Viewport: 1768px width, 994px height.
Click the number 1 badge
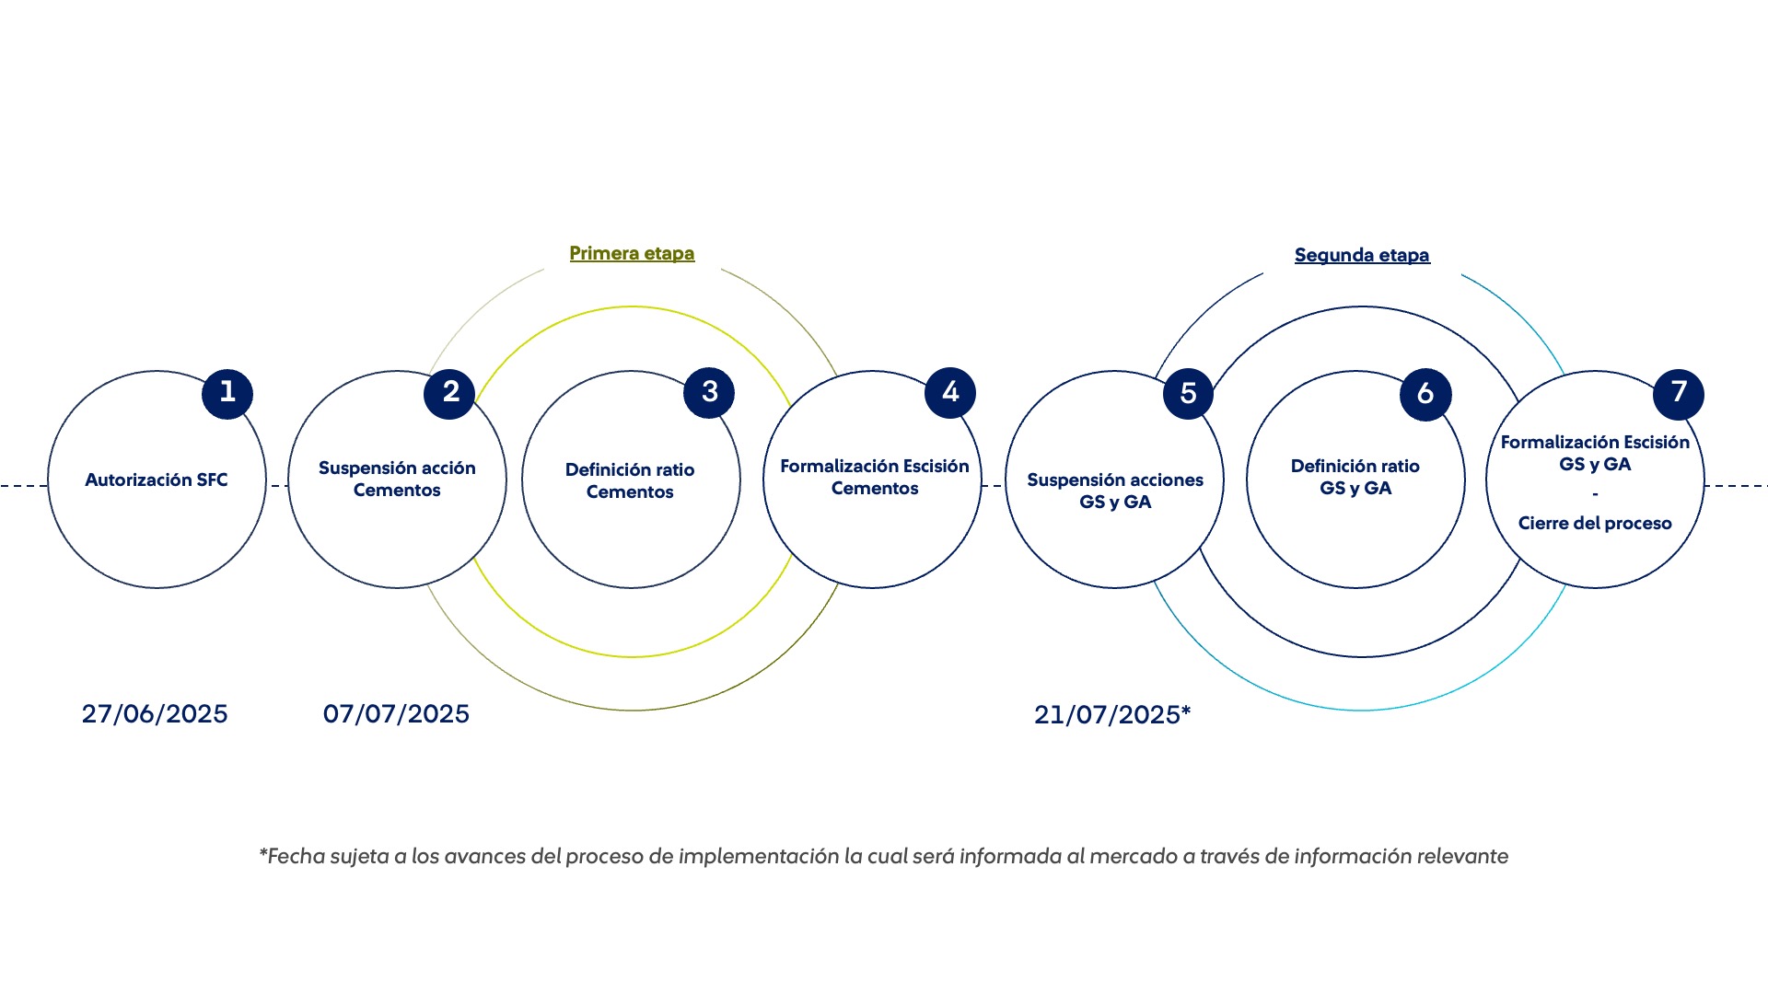[x=227, y=393]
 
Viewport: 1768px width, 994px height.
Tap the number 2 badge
[x=449, y=393]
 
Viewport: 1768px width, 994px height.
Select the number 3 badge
[x=709, y=392]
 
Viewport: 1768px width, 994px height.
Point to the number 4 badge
[x=950, y=393]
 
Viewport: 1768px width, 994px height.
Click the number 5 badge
[x=1188, y=394]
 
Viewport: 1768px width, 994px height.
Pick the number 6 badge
[x=1425, y=395]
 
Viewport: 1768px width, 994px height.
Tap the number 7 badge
[x=1679, y=393]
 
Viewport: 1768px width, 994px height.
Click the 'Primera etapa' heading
[x=632, y=254]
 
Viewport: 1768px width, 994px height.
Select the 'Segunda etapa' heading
[x=1362, y=256]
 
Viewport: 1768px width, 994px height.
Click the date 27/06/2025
[x=155, y=714]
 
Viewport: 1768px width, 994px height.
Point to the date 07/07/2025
[x=396, y=714]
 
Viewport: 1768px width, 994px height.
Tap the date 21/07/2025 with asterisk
[x=1112, y=715]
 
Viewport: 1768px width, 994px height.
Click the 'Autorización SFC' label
[x=157, y=480]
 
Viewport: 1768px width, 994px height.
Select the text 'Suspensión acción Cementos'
[x=397, y=479]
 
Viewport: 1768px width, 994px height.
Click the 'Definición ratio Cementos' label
[x=630, y=480]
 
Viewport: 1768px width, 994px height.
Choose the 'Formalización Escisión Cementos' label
[x=875, y=477]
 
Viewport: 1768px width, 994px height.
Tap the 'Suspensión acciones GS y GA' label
[x=1115, y=491]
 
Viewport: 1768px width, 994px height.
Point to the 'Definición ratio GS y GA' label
[x=1355, y=477]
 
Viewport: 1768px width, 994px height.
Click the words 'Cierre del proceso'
[x=1595, y=523]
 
